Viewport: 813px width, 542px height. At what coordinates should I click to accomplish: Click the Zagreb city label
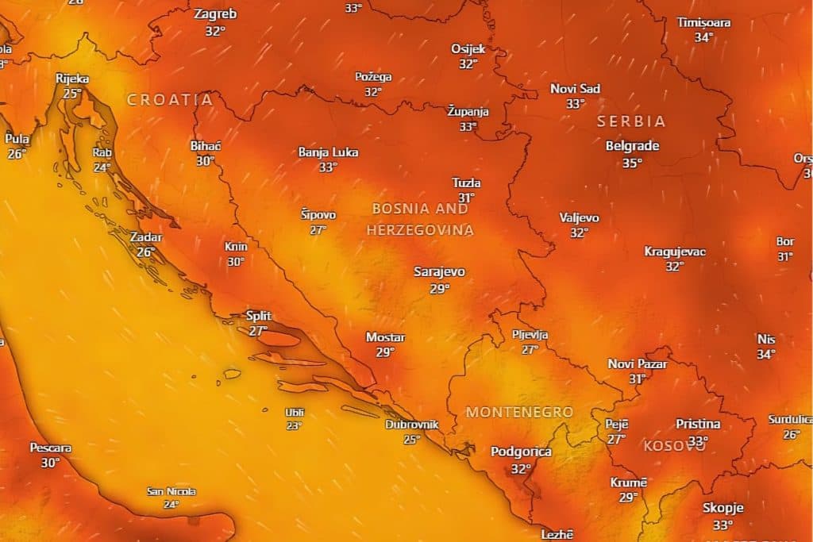click(x=214, y=14)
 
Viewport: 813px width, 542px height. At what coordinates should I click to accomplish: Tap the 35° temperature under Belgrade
click(x=632, y=163)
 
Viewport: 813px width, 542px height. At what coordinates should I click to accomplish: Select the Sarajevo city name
click(x=439, y=271)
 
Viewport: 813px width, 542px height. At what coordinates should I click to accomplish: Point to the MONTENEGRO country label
click(x=519, y=412)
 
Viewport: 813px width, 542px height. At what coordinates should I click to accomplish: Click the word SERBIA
click(x=632, y=121)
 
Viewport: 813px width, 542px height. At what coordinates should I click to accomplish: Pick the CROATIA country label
click(x=170, y=100)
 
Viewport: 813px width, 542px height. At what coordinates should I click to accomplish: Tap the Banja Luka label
click(x=328, y=152)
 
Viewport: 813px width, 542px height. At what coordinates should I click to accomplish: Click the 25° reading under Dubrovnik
click(x=411, y=439)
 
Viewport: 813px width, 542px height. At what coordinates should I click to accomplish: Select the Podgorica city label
click(x=521, y=452)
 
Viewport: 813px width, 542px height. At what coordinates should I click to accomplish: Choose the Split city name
click(x=258, y=315)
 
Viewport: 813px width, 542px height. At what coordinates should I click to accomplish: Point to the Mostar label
click(x=385, y=337)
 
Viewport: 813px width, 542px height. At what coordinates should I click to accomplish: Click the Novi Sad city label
click(x=576, y=88)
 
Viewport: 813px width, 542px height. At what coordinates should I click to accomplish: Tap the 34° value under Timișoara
click(x=703, y=37)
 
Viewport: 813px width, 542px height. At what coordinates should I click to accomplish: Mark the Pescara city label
click(x=51, y=448)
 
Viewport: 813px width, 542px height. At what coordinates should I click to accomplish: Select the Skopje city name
click(x=722, y=508)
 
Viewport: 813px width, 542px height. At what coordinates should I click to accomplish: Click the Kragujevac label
click(x=675, y=252)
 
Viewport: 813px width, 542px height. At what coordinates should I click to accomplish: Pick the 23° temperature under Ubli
click(x=295, y=425)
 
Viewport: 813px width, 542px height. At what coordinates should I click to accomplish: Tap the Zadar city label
click(x=146, y=237)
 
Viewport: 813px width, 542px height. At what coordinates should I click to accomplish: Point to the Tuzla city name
click(x=466, y=183)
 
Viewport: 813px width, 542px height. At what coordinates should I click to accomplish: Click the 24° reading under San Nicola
click(x=171, y=504)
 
